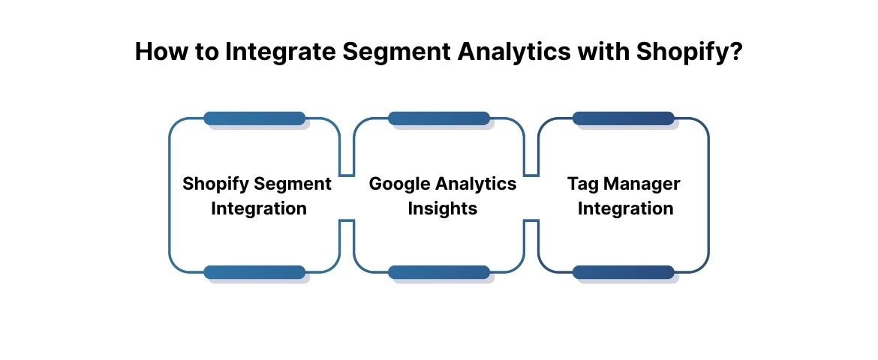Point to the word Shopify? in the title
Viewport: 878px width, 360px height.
(x=690, y=52)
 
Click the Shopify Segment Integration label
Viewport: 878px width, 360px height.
(x=257, y=196)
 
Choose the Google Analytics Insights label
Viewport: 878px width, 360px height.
(x=442, y=196)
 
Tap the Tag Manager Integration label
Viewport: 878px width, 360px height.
(x=624, y=196)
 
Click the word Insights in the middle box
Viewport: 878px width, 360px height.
(x=442, y=208)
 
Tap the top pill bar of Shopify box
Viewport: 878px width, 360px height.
(x=254, y=118)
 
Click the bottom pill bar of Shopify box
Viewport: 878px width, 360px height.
(x=254, y=272)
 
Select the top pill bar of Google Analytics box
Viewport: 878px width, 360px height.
(x=439, y=118)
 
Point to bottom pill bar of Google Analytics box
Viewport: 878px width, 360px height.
(x=439, y=272)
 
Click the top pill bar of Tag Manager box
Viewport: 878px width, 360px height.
(x=624, y=118)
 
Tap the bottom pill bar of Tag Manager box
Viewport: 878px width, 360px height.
(x=624, y=272)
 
